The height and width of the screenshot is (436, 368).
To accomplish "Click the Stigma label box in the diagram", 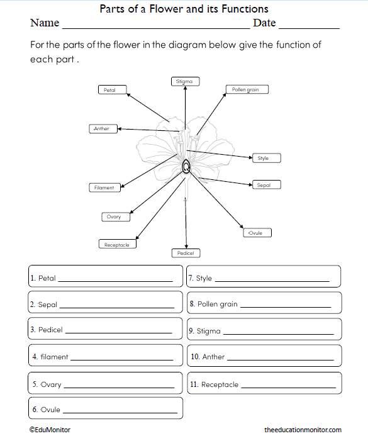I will [x=184, y=81].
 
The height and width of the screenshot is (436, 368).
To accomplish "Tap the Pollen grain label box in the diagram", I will [x=245, y=89].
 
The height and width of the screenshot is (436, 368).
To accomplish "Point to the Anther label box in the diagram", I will [x=103, y=129].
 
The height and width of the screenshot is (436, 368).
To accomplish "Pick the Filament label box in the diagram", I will [x=104, y=187].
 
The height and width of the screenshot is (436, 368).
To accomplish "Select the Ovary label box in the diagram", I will [x=115, y=217].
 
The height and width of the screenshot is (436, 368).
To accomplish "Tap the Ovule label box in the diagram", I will [x=257, y=233].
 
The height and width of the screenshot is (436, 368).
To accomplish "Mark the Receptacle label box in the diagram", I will [x=117, y=245].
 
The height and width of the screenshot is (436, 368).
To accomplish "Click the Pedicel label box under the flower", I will [x=186, y=253].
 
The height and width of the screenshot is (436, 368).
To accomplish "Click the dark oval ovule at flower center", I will [x=187, y=166].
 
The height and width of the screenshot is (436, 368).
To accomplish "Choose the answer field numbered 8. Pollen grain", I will [x=264, y=304].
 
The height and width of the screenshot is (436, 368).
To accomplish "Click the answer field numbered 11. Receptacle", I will [x=264, y=384].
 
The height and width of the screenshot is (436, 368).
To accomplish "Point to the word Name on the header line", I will [x=44, y=23].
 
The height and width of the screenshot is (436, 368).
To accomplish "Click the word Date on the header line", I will [x=264, y=23].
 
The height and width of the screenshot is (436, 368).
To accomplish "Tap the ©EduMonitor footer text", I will [x=50, y=430].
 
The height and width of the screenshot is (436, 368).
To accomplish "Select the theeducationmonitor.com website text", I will [x=303, y=430].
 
